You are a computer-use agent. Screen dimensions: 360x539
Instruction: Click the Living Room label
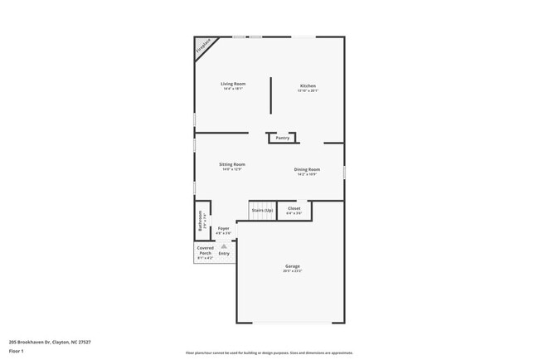(232, 84)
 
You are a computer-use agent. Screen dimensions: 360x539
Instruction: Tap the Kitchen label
(308, 86)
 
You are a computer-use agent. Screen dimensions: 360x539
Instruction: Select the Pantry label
(283, 138)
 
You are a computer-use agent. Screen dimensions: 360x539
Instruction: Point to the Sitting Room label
(232, 164)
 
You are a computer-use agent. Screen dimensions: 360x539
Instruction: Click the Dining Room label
(307, 169)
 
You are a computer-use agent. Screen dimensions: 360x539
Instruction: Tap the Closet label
(294, 209)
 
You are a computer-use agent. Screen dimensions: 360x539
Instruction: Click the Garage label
(293, 266)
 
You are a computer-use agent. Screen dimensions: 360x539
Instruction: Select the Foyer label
(224, 228)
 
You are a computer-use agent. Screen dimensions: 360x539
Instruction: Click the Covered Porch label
(205, 250)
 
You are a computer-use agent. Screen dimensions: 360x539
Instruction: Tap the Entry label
(224, 253)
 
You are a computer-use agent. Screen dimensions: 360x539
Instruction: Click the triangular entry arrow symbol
(224, 246)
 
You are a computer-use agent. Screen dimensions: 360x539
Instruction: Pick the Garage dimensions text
(293, 271)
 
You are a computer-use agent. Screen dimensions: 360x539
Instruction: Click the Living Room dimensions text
(232, 89)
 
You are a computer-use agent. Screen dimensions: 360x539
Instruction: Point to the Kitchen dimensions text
(308, 91)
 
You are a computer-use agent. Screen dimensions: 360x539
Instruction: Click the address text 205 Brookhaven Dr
(49, 342)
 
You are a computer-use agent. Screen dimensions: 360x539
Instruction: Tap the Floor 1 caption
(17, 351)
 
